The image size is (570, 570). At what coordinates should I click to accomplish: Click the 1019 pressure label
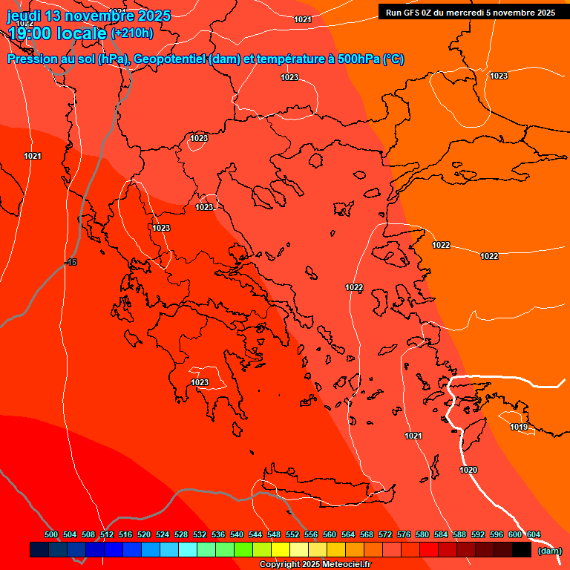[519, 427]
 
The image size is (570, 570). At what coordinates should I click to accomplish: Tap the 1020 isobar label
[468, 470]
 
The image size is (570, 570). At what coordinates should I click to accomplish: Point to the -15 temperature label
[71, 262]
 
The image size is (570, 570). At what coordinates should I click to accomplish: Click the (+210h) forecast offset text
[132, 33]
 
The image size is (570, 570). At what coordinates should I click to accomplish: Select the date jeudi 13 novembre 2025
[88, 16]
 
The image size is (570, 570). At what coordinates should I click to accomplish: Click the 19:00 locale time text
[57, 33]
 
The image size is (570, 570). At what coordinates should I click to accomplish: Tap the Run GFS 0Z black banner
[471, 13]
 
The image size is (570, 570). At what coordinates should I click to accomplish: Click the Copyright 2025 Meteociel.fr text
[315, 564]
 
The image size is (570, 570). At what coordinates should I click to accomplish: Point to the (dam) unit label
[549, 550]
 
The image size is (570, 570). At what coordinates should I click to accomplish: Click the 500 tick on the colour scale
[51, 534]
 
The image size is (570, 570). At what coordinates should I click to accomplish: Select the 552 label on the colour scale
[292, 534]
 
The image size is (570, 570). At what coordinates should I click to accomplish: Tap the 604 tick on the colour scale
[534, 534]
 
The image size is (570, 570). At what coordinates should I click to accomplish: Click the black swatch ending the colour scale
[522, 550]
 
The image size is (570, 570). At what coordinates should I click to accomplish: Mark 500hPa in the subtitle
[358, 59]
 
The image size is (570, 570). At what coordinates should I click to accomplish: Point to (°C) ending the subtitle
[393, 59]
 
